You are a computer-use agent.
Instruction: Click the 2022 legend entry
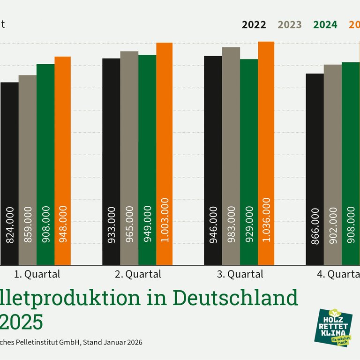coord(254,25)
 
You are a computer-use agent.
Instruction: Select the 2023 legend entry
coord(290,25)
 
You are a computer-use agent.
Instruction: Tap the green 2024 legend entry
coord(325,25)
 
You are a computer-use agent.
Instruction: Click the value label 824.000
coord(10,225)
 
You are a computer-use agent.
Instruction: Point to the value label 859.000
coord(28,225)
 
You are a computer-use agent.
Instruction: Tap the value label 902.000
coord(332,225)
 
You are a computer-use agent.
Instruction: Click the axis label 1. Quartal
coord(37,274)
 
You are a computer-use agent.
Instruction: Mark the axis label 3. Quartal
coord(240,274)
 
